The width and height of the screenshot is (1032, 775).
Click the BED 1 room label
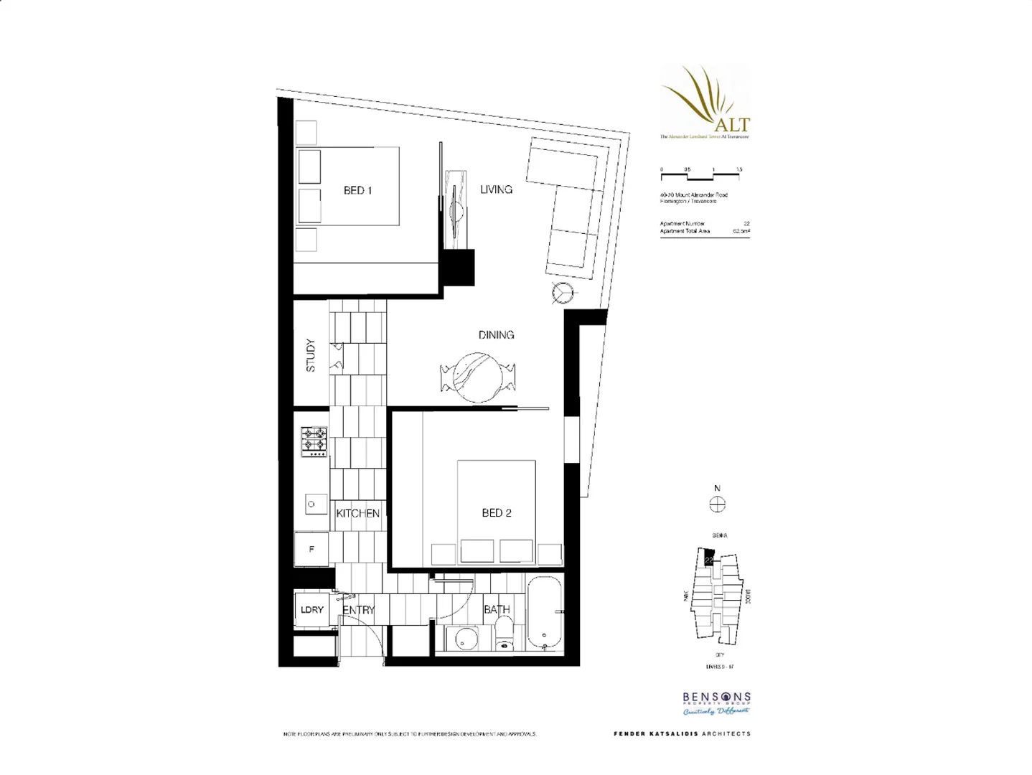[357, 190]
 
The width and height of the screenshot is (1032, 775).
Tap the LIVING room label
[496, 189]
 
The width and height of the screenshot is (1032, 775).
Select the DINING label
[496, 334]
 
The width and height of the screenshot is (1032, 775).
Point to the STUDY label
[311, 354]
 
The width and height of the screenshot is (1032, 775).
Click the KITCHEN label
[357, 513]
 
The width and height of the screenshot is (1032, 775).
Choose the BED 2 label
[496, 512]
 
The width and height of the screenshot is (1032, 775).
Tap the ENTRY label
[358, 610]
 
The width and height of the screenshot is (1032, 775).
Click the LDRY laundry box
[312, 610]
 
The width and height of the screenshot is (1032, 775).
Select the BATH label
[496, 610]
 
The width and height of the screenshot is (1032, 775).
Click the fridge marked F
[311, 550]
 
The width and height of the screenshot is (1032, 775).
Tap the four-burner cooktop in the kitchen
[314, 442]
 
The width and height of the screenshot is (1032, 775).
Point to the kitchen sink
[311, 504]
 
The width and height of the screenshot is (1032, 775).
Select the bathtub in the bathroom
[546, 612]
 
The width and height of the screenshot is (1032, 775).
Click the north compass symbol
[717, 504]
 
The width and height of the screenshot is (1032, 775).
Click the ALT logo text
[732, 124]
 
